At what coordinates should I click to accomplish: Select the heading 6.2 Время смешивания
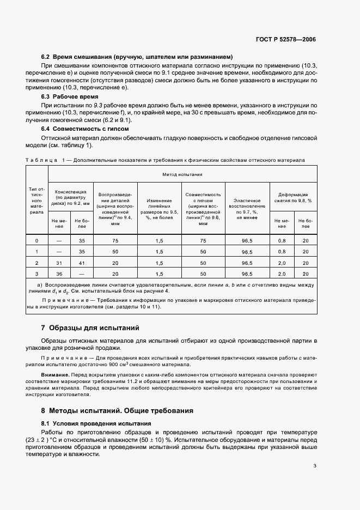pyautogui.click(x=137, y=57)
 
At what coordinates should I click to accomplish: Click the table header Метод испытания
pyautogui.click(x=183, y=174)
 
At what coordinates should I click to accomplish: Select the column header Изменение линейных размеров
pyautogui.click(x=159, y=207)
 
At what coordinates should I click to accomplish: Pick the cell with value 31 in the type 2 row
pyautogui.click(x=59, y=263)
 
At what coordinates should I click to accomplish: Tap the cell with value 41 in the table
pyautogui.click(x=82, y=263)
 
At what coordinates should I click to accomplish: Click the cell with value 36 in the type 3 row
pyautogui.click(x=59, y=274)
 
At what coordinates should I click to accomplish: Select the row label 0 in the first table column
pyautogui.click(x=37, y=240)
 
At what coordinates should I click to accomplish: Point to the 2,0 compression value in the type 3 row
pyautogui.click(x=282, y=274)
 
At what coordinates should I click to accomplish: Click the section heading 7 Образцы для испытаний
pyautogui.click(x=90, y=327)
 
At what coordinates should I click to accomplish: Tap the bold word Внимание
pyautogui.click(x=55, y=375)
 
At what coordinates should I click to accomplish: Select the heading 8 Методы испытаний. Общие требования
pyautogui.click(x=117, y=410)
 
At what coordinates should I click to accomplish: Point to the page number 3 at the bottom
pyautogui.click(x=315, y=466)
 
